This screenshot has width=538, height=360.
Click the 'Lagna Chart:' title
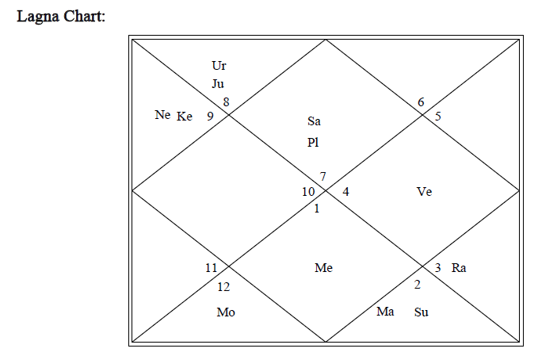[61, 16]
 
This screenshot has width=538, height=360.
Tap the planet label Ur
[219, 65]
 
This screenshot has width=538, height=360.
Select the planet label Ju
[218, 83]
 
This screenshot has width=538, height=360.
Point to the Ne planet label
[162, 115]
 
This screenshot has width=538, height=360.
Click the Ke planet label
[185, 117]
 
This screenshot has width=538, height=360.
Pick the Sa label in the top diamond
[315, 121]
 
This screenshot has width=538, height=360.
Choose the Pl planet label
[314, 142]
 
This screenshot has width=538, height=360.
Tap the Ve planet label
[424, 191]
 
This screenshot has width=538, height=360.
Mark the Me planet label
[323, 268]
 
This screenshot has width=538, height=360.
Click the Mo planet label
[226, 312]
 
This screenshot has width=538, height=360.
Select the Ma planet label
[385, 312]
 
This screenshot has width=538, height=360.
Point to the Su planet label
[422, 312]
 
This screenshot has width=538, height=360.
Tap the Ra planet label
[459, 268]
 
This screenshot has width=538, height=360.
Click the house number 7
[323, 175]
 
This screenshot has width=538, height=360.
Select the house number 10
[308, 191]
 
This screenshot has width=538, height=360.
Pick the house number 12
[224, 286]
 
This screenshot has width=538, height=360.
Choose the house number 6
[421, 101]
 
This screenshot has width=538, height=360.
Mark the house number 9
[210, 117]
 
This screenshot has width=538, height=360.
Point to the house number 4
[345, 191]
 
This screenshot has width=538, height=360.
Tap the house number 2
[417, 285]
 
